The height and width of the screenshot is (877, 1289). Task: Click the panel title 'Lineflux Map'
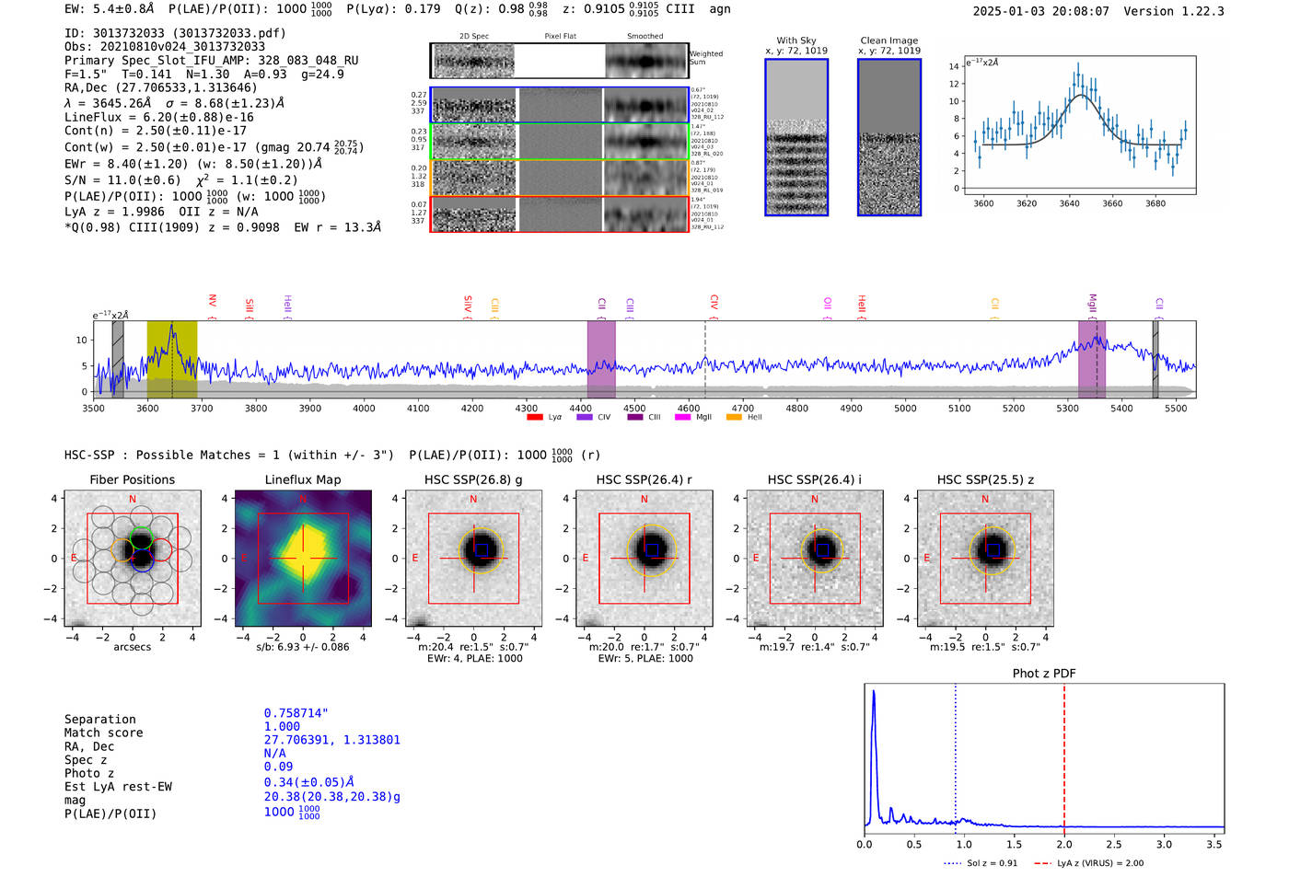tap(302, 479)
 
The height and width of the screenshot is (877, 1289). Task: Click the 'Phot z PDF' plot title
tap(1043, 674)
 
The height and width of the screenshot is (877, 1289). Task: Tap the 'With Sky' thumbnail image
tap(796, 137)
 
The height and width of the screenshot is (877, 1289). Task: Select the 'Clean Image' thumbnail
tap(888, 137)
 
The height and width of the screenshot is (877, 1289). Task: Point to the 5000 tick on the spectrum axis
tap(905, 408)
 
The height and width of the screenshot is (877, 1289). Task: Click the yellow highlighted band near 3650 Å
tap(172, 359)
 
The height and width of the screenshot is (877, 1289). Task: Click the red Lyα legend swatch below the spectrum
tap(534, 418)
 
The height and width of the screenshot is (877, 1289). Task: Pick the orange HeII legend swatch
tap(734, 418)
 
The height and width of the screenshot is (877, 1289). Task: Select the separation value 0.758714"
tap(296, 713)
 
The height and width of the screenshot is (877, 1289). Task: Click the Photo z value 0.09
tap(278, 767)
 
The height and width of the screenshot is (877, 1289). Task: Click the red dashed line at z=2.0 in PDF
tap(1064, 755)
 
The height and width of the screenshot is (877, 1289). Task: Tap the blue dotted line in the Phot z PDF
tap(956, 755)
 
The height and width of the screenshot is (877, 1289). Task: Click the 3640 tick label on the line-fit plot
tap(1069, 203)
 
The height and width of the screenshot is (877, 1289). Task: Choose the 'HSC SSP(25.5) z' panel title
tap(985, 479)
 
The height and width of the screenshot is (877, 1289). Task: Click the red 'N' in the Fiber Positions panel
tap(133, 499)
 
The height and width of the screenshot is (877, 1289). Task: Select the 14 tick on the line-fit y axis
tap(954, 66)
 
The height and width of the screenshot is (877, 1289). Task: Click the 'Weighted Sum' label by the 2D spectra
tap(706, 58)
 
